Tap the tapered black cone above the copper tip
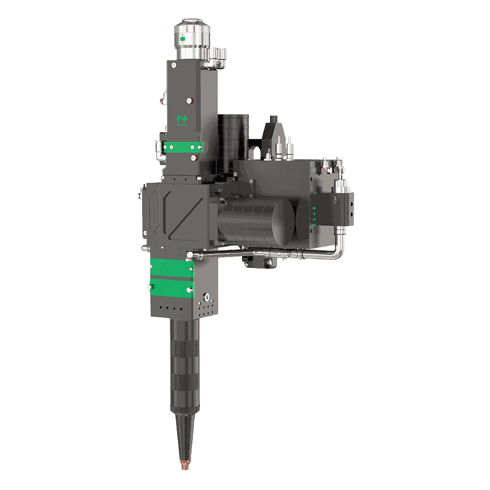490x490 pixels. pyautogui.click(x=183, y=435)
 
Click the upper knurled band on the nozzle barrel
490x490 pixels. pyautogui.click(x=184, y=335)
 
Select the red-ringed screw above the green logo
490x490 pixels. pyautogui.click(x=189, y=100)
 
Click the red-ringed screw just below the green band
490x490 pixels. pyautogui.click(x=193, y=157)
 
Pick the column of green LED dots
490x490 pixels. pyautogui.click(x=314, y=214)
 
